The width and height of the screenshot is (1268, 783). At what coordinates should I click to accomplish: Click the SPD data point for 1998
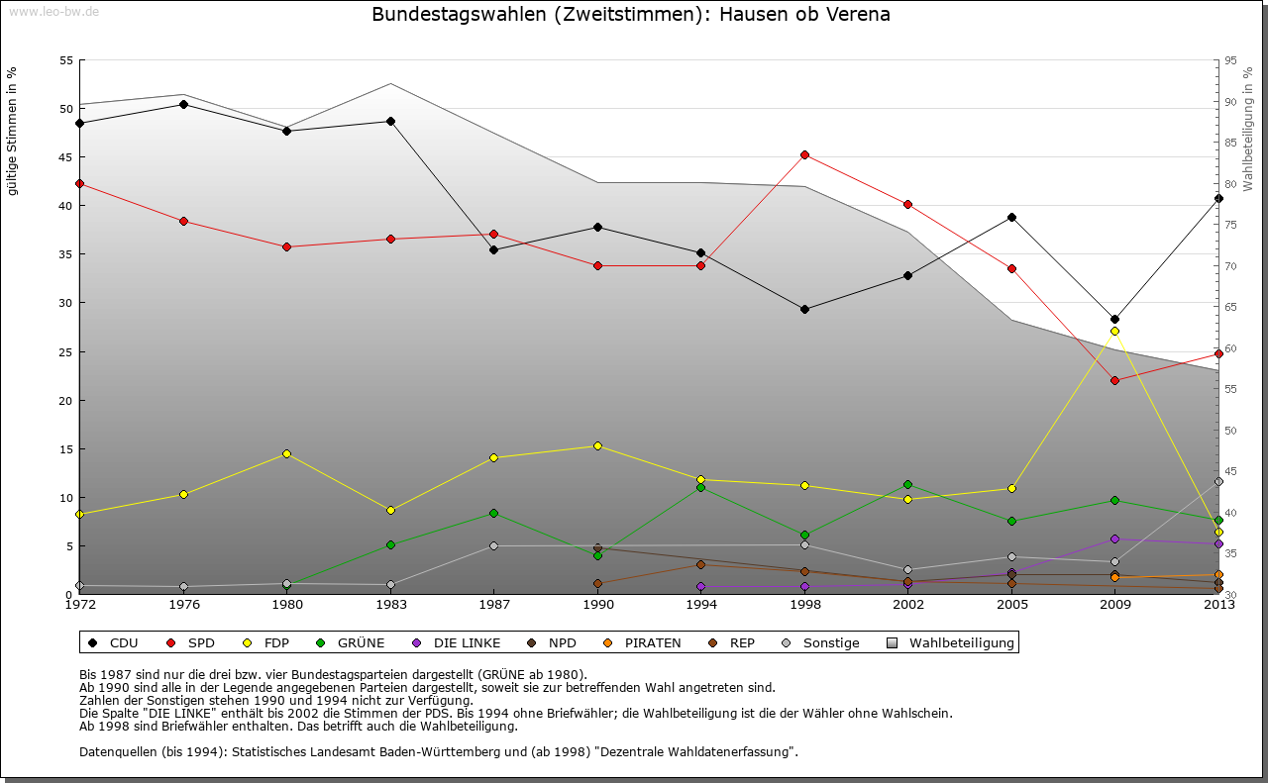(x=804, y=154)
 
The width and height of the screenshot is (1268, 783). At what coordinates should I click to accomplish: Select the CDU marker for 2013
(x=1218, y=198)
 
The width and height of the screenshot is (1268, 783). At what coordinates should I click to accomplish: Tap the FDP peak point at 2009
(x=1114, y=331)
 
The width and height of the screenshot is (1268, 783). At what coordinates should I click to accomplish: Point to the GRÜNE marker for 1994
(x=700, y=487)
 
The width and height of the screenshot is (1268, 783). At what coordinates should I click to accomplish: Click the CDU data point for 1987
(x=493, y=249)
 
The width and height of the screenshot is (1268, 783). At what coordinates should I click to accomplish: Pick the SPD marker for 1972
(x=79, y=183)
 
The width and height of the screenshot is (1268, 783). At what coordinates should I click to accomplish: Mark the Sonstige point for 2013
(x=1218, y=481)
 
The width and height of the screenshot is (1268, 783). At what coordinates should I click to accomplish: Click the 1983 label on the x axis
(x=390, y=604)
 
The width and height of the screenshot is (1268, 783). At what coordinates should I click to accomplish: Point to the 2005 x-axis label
(x=1011, y=604)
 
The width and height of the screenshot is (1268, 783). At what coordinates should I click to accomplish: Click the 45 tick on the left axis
(x=66, y=156)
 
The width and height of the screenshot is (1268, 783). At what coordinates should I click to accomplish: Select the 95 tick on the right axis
(x=1230, y=60)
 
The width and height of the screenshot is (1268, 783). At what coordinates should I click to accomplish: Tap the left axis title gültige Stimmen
(x=12, y=131)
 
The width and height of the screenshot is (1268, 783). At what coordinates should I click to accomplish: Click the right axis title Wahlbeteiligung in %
(x=1248, y=129)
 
